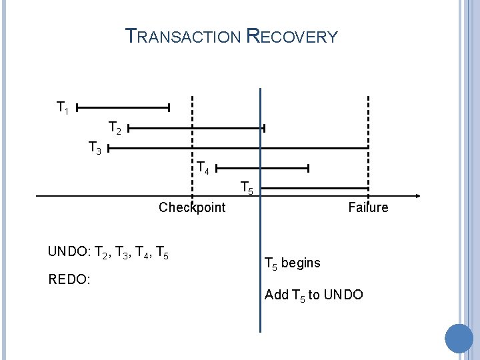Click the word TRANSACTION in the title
click(183, 37)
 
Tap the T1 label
click(63, 107)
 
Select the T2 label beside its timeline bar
click(115, 127)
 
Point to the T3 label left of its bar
click(95, 148)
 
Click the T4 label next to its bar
click(203, 168)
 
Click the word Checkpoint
click(192, 207)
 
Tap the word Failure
click(368, 207)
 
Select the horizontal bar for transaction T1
click(123, 107)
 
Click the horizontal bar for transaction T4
click(263, 168)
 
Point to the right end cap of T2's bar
click(264, 127)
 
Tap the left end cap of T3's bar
click(108, 148)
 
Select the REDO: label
click(69, 279)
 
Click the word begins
click(301, 263)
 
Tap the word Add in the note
click(276, 294)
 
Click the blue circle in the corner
click(459, 338)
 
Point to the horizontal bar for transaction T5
click(313, 189)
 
